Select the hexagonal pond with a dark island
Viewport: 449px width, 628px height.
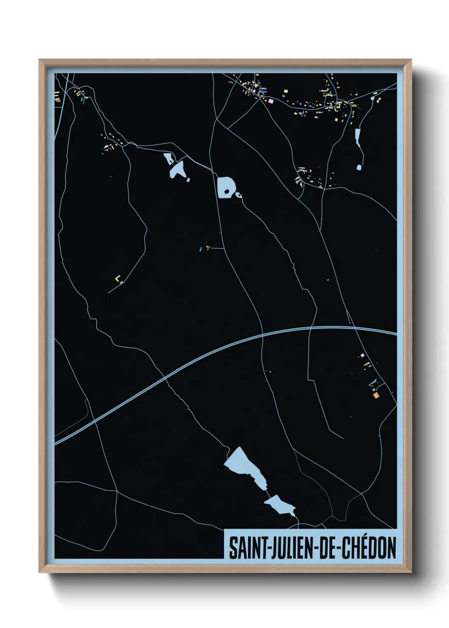(225, 187)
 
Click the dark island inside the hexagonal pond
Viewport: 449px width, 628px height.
(227, 192)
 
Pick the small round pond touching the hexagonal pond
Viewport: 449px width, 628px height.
(239, 196)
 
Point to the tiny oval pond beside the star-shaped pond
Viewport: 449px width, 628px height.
(188, 179)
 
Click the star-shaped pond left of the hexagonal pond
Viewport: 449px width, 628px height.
(177, 169)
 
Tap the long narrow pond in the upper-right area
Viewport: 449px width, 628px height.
(357, 137)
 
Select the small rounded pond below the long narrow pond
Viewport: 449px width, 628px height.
(359, 167)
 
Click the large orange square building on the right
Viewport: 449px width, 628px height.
(375, 396)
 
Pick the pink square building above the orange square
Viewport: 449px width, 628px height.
(362, 355)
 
